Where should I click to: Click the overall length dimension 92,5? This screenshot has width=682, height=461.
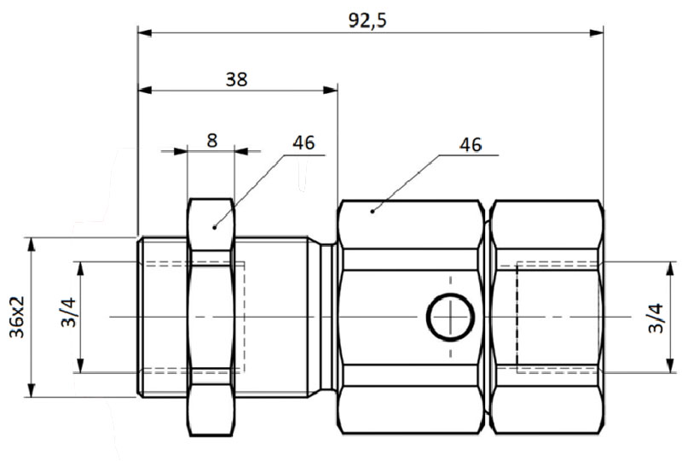(x=367, y=20)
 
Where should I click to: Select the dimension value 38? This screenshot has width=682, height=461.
(x=237, y=79)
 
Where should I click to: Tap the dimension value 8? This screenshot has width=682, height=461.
(x=211, y=141)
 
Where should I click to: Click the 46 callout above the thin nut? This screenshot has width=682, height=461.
(x=303, y=143)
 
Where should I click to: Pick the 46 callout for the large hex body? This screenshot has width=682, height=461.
(x=471, y=144)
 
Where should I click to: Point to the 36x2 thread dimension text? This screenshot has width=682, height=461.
(x=17, y=317)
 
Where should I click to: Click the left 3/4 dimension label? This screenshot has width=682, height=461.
(x=69, y=312)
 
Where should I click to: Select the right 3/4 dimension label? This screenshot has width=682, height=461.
(x=656, y=318)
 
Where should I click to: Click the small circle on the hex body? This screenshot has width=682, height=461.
(x=450, y=317)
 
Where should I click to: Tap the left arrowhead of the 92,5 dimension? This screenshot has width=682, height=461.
(x=145, y=32)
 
